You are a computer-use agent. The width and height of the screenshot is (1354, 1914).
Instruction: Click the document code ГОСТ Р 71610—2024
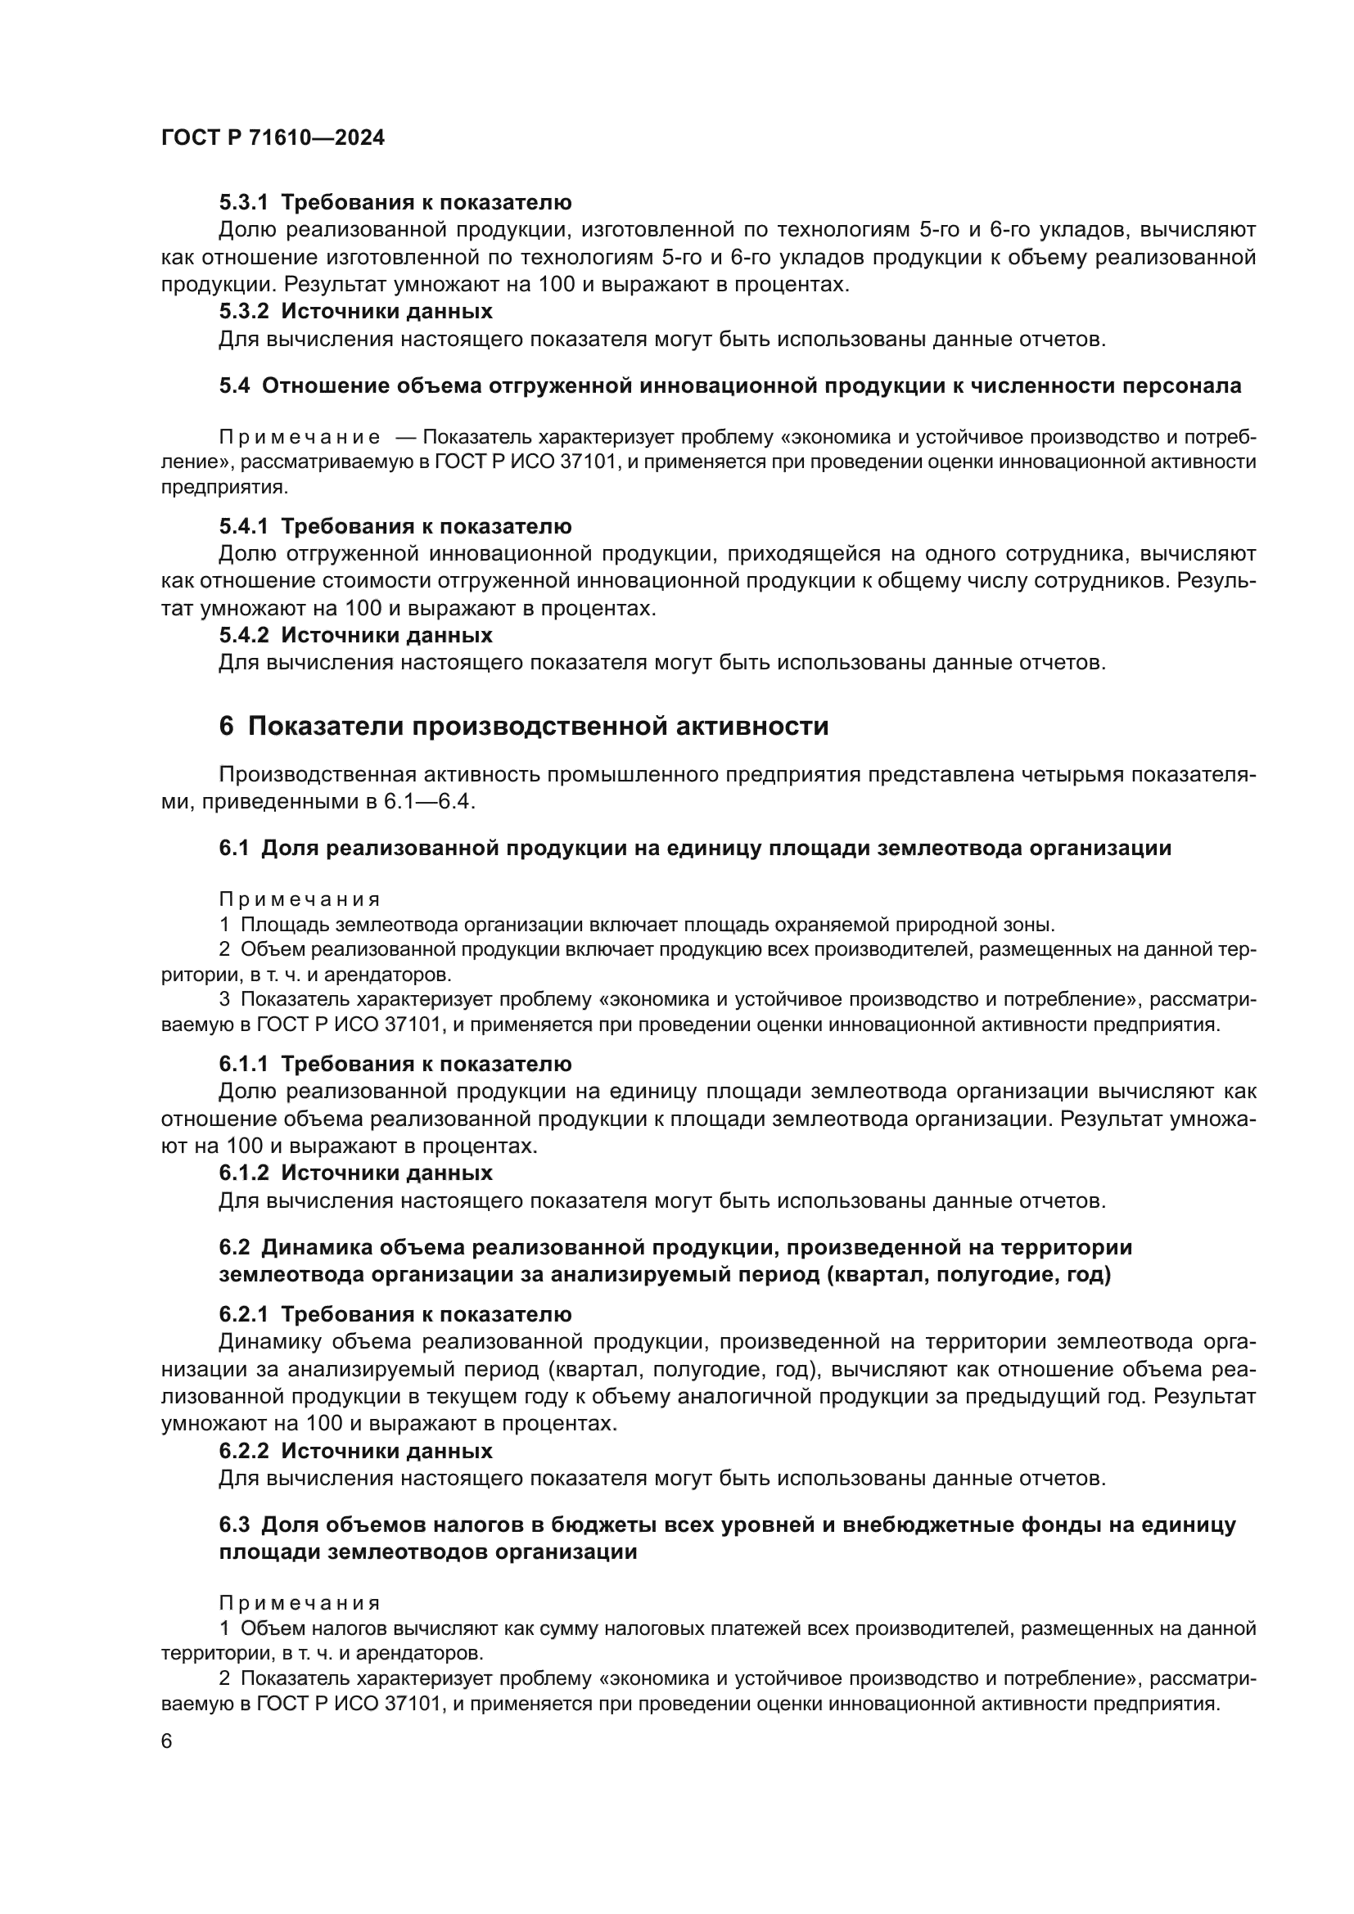[x=273, y=138]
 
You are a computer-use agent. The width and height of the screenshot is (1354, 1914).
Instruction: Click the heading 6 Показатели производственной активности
[x=524, y=726]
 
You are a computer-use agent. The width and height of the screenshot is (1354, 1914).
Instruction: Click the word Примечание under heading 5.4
[x=300, y=438]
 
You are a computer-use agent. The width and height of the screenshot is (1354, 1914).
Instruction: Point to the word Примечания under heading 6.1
[x=300, y=899]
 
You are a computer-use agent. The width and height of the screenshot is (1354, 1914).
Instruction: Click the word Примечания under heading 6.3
[x=300, y=1603]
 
